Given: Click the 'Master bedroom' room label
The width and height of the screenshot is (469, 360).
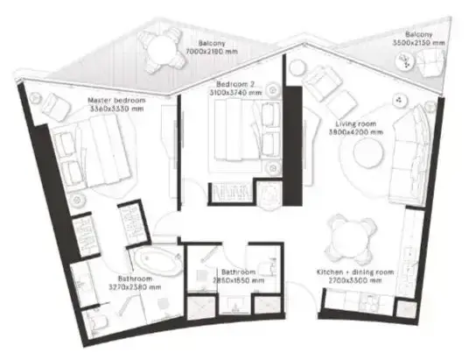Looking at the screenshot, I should coord(116,101).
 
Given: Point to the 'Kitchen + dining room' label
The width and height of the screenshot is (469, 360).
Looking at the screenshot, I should coord(355,272).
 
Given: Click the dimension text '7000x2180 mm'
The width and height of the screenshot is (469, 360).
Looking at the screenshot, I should coord(212,52).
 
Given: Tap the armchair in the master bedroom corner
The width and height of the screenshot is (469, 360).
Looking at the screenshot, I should coord(53,105).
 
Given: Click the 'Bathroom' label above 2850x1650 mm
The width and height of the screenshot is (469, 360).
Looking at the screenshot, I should coord(237,272).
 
